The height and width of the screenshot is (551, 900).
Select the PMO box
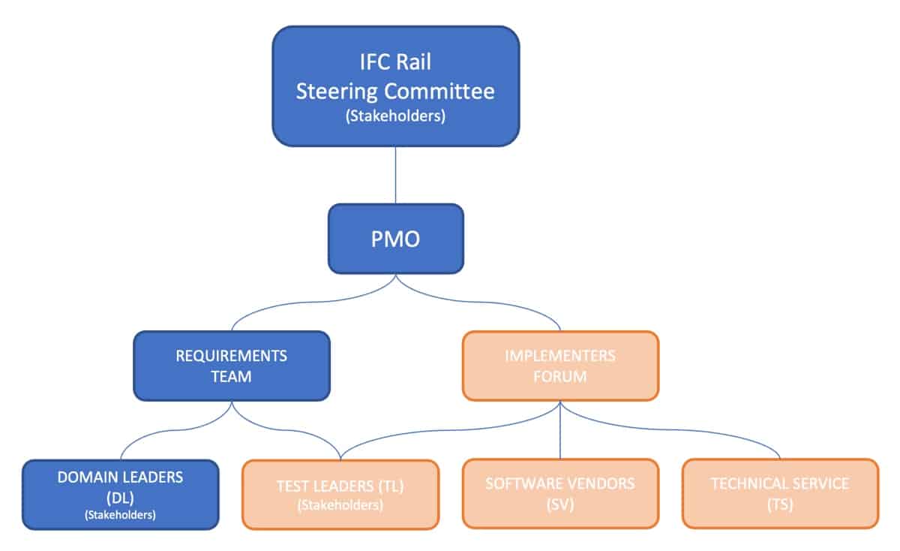pos(395,239)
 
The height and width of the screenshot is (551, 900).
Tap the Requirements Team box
pos(231,366)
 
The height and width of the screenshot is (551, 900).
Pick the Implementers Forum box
pos(560,366)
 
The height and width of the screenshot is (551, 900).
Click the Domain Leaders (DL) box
pos(120,495)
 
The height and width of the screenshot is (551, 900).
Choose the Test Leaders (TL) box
pos(340,495)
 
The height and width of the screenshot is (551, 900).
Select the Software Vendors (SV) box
pos(560,495)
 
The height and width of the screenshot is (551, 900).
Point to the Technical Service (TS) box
pos(780,495)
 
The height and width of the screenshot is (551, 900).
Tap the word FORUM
pos(560,376)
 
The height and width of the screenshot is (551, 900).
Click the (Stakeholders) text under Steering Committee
pos(395,117)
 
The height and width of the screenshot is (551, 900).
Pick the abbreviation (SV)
pos(560,505)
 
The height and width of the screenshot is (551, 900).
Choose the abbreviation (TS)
pos(780,505)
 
